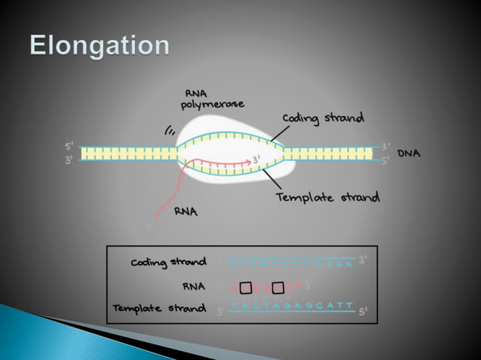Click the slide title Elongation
100,47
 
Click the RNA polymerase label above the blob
212,99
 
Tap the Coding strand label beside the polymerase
323,118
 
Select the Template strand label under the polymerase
327,198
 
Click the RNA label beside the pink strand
185,212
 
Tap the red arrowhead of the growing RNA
248,160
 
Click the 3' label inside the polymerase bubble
257,160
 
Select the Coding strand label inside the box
169,262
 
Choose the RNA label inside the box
194,286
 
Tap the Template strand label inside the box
159,309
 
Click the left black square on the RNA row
246,287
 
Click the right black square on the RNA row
278,287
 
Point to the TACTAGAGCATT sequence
291,305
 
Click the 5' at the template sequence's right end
363,311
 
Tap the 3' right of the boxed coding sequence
363,260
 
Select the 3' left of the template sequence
219,311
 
